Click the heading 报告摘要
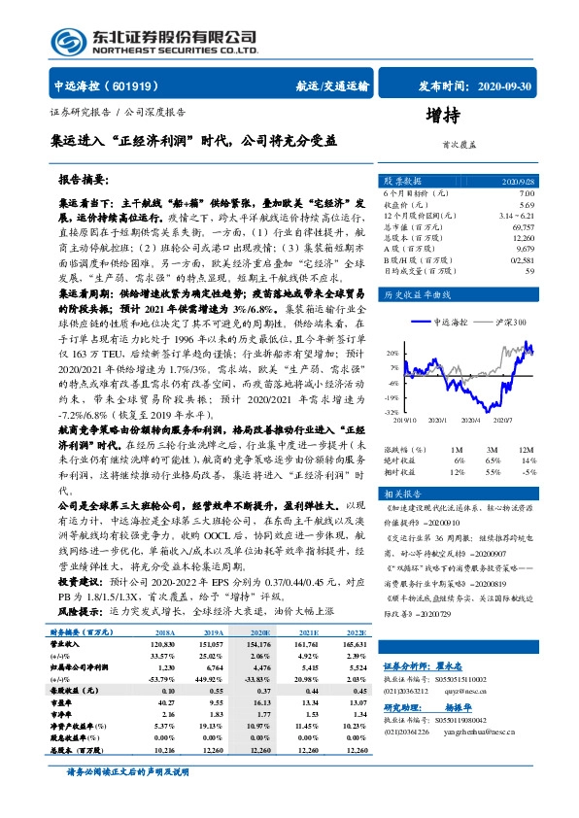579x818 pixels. (84, 182)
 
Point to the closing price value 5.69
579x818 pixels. (526, 205)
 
